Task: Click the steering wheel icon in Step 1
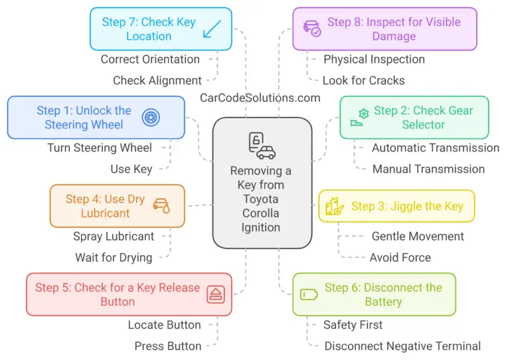click(151, 118)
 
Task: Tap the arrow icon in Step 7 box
click(212, 28)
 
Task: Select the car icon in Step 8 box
click(311, 29)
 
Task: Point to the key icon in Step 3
click(334, 207)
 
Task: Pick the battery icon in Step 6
click(309, 294)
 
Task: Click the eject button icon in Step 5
click(215, 294)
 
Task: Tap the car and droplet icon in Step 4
click(161, 205)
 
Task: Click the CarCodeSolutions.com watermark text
click(260, 98)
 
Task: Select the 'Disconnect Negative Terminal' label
click(402, 345)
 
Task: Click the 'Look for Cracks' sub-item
click(363, 80)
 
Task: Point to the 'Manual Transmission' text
click(428, 169)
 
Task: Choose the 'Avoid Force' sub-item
click(400, 257)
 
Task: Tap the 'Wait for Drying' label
click(114, 257)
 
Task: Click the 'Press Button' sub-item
click(167, 345)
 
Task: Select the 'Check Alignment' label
click(157, 80)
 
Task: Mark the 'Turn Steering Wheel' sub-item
click(100, 147)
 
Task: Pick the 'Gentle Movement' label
click(418, 236)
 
